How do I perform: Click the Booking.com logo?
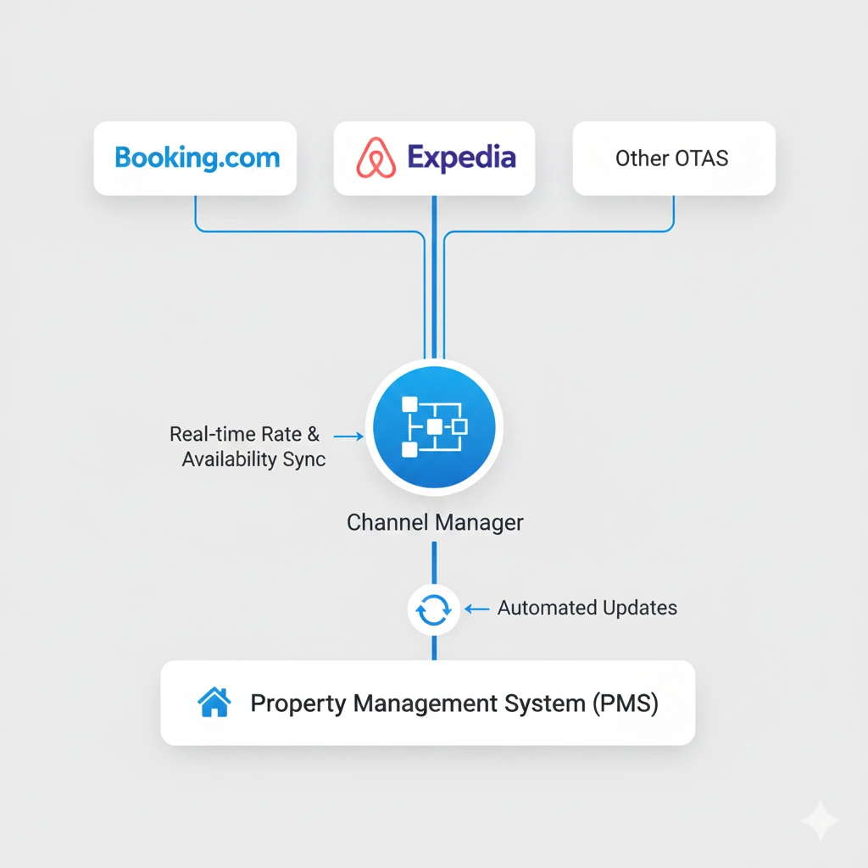pos(197,159)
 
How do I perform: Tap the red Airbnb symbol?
pos(376,159)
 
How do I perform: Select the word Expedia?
pos(461,158)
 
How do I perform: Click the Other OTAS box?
pos(674,159)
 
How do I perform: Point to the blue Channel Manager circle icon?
pos(434,426)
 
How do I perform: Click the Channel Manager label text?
pos(435,522)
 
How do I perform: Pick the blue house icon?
pos(214,703)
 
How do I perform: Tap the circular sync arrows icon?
pos(434,609)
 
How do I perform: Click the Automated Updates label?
pos(587,608)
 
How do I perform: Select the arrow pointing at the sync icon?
pos(478,609)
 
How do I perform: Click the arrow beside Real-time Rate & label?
pos(348,436)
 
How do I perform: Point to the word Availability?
pos(228,459)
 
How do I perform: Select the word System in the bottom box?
pos(535,704)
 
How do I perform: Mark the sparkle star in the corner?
pos(820,821)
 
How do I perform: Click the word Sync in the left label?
pos(303,459)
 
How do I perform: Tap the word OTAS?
pos(702,159)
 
